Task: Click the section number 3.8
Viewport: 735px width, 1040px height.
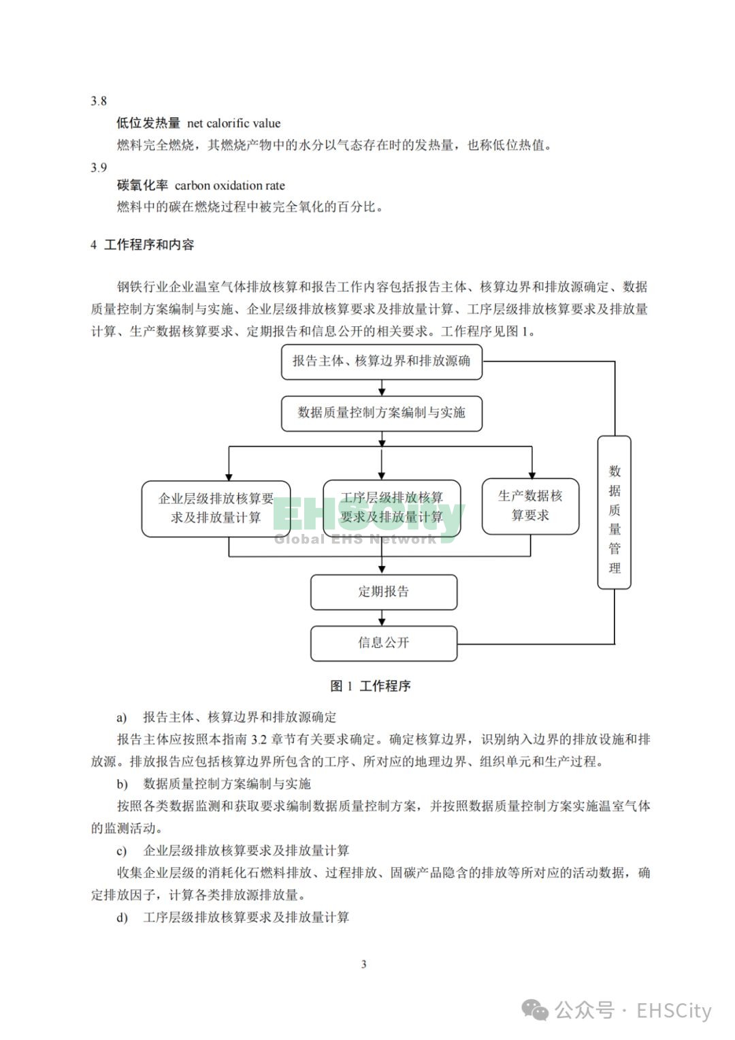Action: coord(99,101)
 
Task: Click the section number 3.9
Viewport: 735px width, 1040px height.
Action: coord(99,167)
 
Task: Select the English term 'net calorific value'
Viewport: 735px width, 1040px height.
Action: coord(233,123)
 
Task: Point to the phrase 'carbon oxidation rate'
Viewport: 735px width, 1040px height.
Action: coord(230,185)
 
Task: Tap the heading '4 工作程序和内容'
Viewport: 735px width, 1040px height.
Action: coord(142,245)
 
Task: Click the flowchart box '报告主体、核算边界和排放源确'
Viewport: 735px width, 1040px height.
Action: coord(381,362)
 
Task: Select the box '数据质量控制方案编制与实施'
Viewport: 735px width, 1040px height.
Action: coord(381,413)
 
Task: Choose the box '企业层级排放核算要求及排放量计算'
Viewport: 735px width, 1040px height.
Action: coord(216,509)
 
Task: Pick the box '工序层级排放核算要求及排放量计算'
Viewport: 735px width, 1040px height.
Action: coord(391,508)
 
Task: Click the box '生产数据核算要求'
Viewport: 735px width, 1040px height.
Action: coord(530,507)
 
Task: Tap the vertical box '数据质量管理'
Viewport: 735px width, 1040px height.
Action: coord(614,512)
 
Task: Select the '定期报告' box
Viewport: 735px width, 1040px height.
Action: coord(384,592)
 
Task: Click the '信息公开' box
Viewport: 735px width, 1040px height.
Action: coord(384,644)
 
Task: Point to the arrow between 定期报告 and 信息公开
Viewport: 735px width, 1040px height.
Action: coord(381,618)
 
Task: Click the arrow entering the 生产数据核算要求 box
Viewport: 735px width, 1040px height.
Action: coord(532,462)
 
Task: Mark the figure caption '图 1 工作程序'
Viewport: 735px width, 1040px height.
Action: coord(370,686)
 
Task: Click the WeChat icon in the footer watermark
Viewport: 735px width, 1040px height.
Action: coord(535,1010)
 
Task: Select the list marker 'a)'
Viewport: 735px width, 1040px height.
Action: coord(122,718)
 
